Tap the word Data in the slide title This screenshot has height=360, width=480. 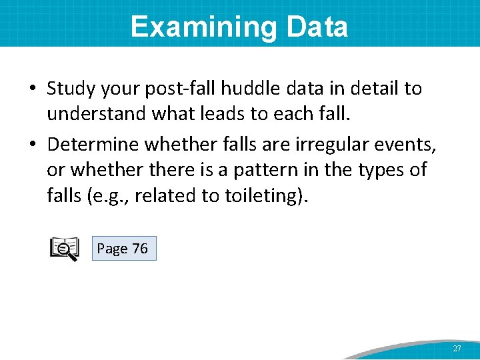(317, 27)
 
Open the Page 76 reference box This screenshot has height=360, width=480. (123, 249)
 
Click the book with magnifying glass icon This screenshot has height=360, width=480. (65, 249)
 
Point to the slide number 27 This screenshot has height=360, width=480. (457, 349)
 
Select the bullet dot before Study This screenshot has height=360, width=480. (32, 89)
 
